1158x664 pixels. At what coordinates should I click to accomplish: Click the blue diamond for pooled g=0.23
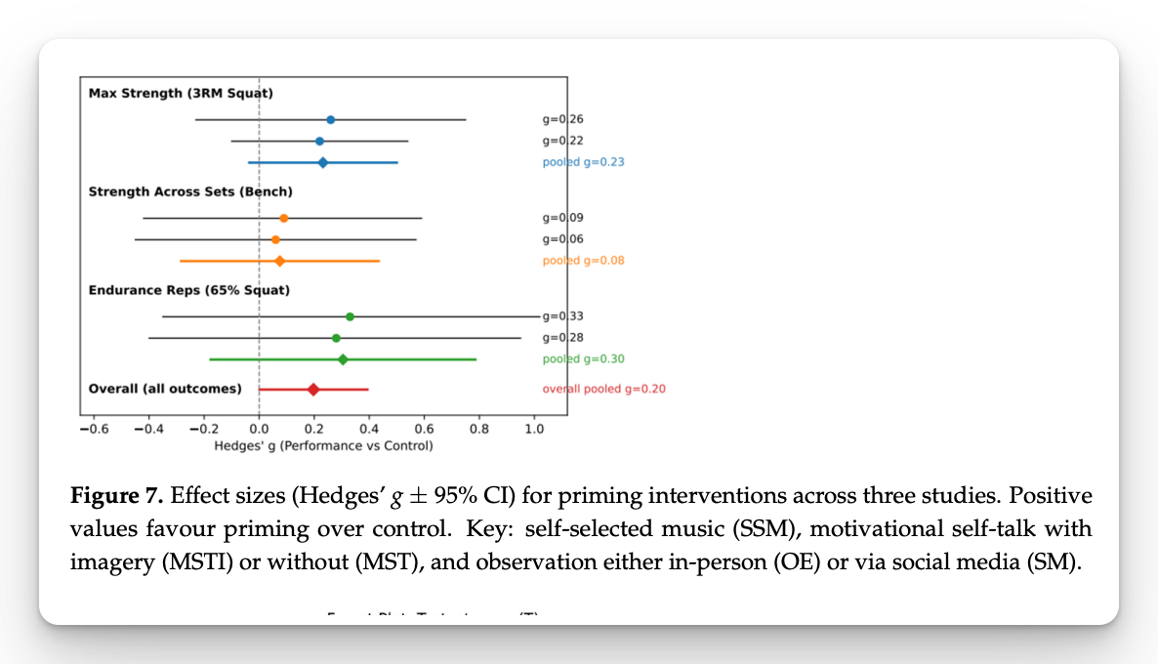click(322, 162)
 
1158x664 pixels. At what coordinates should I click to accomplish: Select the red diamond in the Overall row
click(313, 389)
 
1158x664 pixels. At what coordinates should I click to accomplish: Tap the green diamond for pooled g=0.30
click(343, 359)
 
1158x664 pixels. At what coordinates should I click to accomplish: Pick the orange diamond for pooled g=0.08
click(279, 261)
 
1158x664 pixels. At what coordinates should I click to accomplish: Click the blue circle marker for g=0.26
click(330, 119)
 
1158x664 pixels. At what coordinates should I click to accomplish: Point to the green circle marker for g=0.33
click(350, 316)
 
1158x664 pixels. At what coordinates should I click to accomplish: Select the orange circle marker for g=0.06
click(275, 239)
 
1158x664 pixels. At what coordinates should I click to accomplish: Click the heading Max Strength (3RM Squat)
click(181, 93)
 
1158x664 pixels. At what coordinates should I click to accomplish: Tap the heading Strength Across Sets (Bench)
click(190, 191)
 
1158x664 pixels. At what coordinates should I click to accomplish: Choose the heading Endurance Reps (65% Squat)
click(188, 290)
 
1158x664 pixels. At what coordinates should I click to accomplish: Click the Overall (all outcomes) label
click(165, 389)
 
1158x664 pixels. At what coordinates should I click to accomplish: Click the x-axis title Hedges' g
click(323, 445)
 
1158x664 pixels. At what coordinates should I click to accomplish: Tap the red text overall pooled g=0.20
click(604, 389)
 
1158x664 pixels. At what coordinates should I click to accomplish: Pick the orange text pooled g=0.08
click(584, 261)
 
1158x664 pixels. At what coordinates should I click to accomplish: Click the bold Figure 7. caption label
click(117, 495)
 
